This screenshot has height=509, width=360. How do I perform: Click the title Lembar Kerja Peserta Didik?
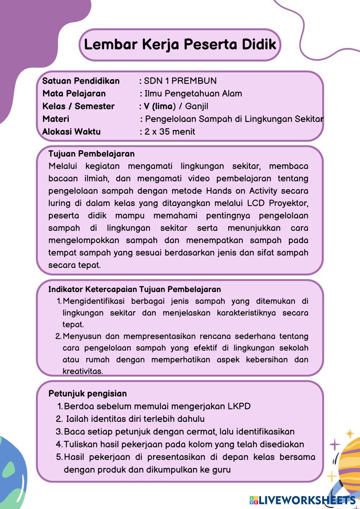pyautogui.click(x=180, y=45)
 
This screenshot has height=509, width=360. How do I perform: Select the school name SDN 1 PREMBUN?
pyautogui.click(x=180, y=81)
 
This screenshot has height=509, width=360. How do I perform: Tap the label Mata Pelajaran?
pyautogui.click(x=74, y=94)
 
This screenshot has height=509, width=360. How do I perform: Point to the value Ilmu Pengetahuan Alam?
pyautogui.click(x=193, y=94)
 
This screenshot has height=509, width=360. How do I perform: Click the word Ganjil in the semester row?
pyautogui.click(x=197, y=106)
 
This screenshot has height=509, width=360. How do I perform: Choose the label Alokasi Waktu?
pyautogui.click(x=71, y=131)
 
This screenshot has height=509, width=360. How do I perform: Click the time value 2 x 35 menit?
pyautogui.click(x=170, y=131)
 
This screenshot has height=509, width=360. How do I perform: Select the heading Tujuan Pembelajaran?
pyautogui.click(x=91, y=154)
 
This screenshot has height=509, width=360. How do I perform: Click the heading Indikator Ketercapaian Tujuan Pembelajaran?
pyautogui.click(x=135, y=289)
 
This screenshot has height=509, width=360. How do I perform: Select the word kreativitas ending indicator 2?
pyautogui.click(x=82, y=371)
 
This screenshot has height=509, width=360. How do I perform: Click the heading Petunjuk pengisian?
pyautogui.click(x=87, y=393)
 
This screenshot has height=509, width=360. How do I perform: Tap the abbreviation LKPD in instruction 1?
pyautogui.click(x=239, y=406)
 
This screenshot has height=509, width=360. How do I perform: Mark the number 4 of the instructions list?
pyautogui.click(x=59, y=445)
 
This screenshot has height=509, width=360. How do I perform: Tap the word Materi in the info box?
pyautogui.click(x=56, y=119)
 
